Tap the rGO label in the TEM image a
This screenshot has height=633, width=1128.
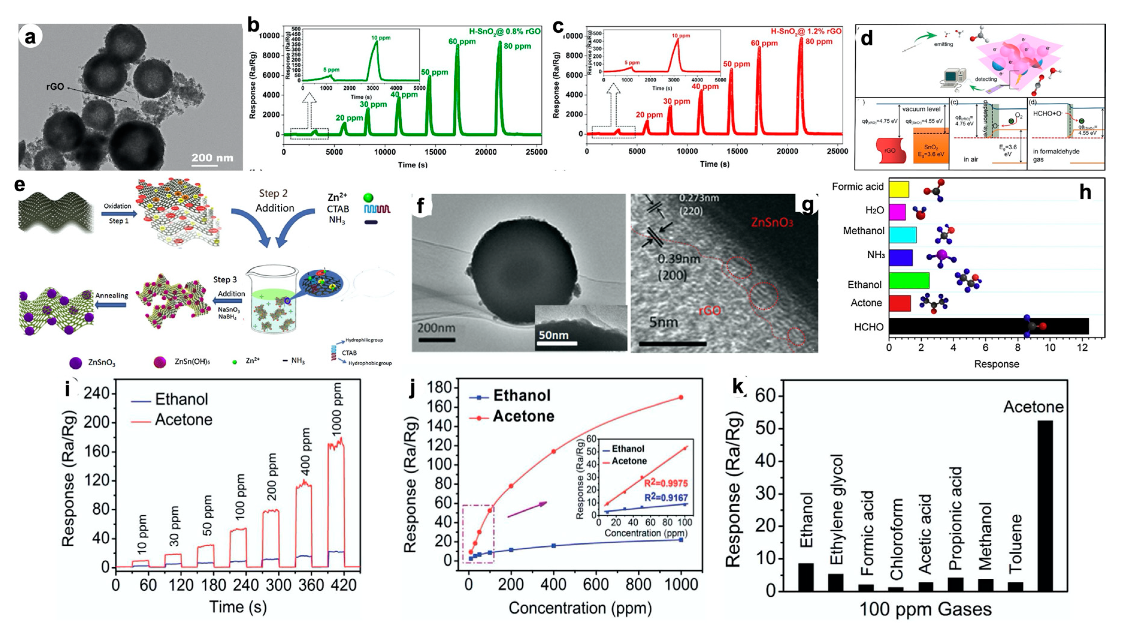coord(55,87)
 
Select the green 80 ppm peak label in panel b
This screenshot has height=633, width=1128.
coord(517,46)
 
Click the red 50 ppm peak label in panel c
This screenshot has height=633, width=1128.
coord(736,64)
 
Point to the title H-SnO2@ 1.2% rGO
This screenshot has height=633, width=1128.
coord(806,31)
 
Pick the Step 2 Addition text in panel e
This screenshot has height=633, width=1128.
coord(275,201)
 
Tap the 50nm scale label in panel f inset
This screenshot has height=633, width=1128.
coord(554,335)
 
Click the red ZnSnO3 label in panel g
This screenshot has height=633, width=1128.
coord(772,222)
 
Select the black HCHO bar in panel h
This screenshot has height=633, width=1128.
coord(988,326)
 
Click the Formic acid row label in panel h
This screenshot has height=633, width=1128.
coord(858,187)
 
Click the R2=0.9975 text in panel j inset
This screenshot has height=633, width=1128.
coord(666,483)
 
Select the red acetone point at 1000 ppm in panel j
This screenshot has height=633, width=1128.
coord(681,397)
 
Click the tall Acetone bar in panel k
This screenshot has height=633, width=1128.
coord(1045,506)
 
